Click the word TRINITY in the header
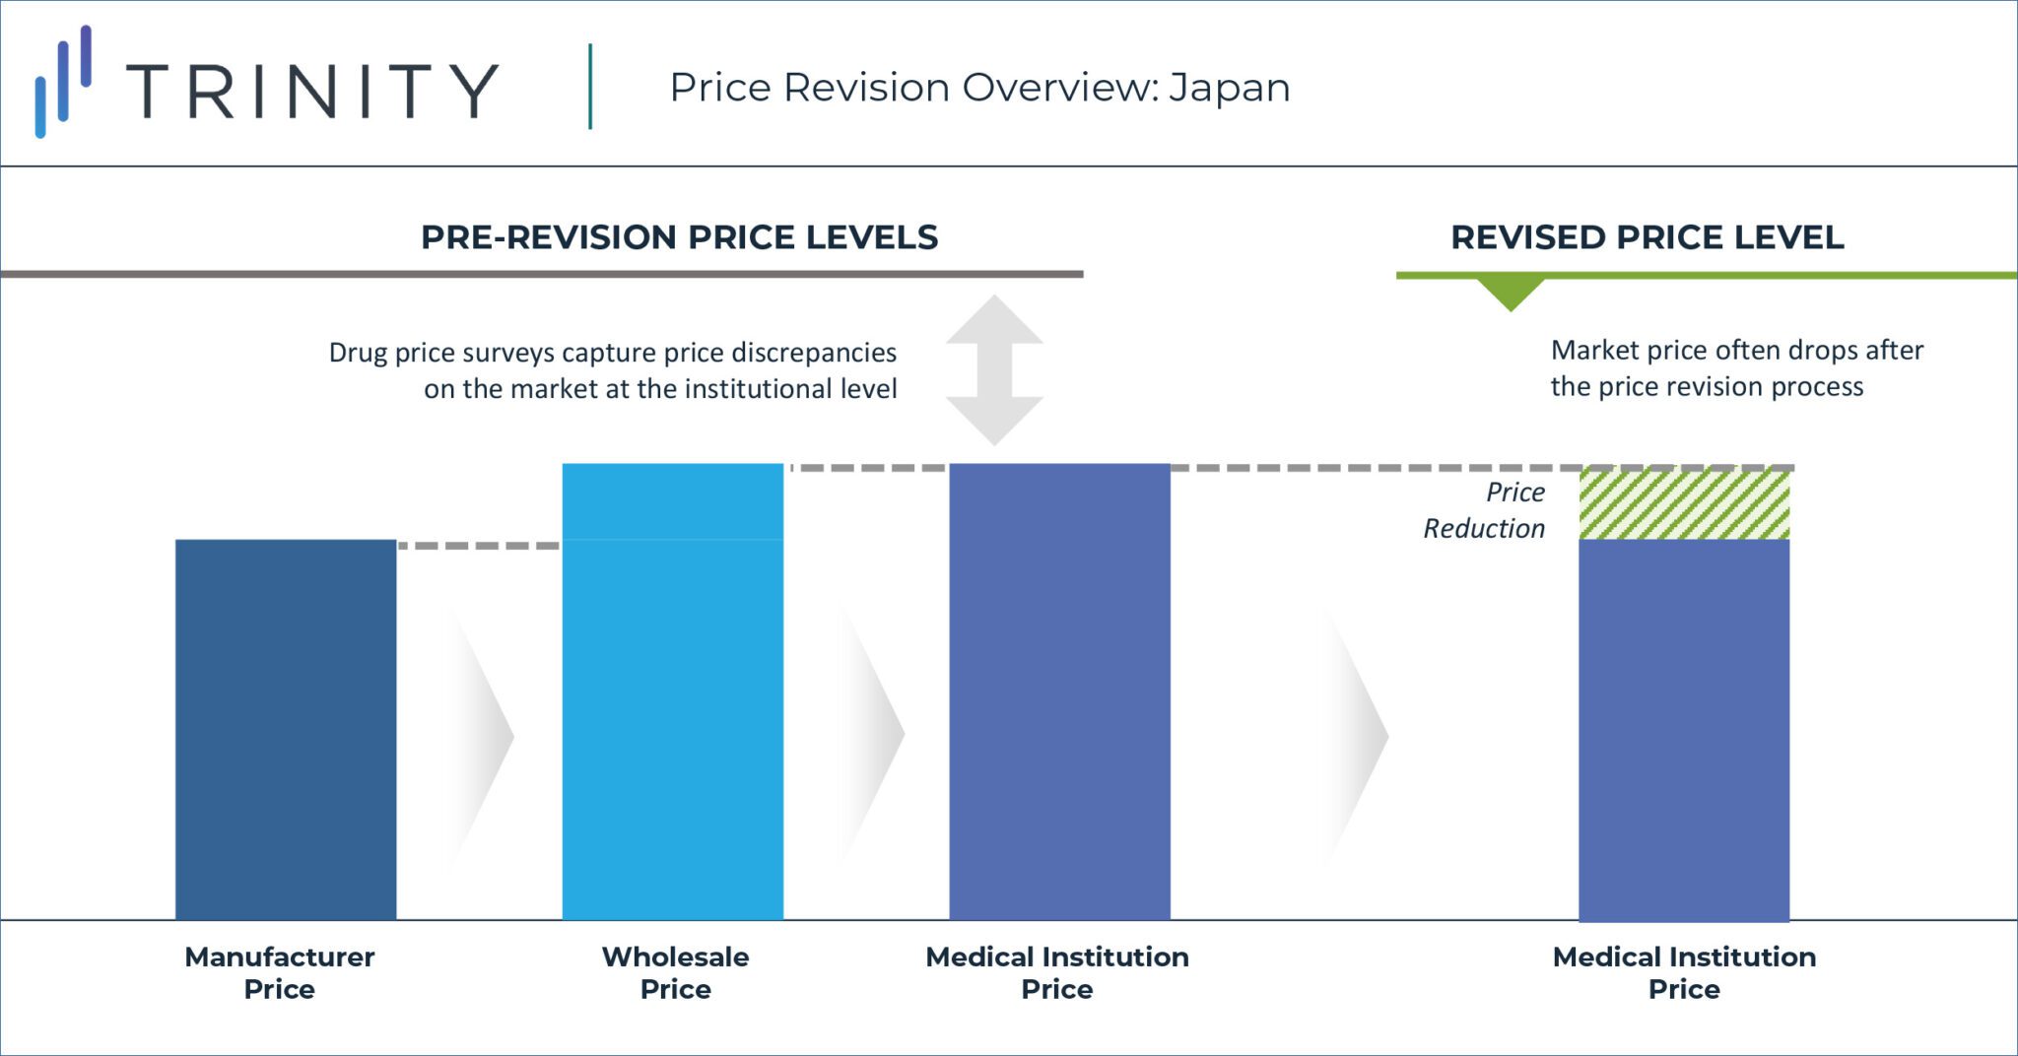click(312, 92)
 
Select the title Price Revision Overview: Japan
click(979, 88)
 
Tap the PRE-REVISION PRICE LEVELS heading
click(679, 237)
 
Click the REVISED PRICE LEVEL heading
click(1647, 237)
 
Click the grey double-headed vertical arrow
click(994, 370)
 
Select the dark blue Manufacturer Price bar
click(286, 729)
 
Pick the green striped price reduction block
click(1684, 504)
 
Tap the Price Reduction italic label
click(1485, 510)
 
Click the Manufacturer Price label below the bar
click(280, 972)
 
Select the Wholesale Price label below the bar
click(675, 972)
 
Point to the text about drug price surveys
click(612, 370)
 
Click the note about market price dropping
click(1736, 368)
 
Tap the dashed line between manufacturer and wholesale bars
click(479, 545)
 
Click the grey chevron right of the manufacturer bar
click(481, 735)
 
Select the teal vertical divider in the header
click(590, 87)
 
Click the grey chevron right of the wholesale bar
click(871, 734)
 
